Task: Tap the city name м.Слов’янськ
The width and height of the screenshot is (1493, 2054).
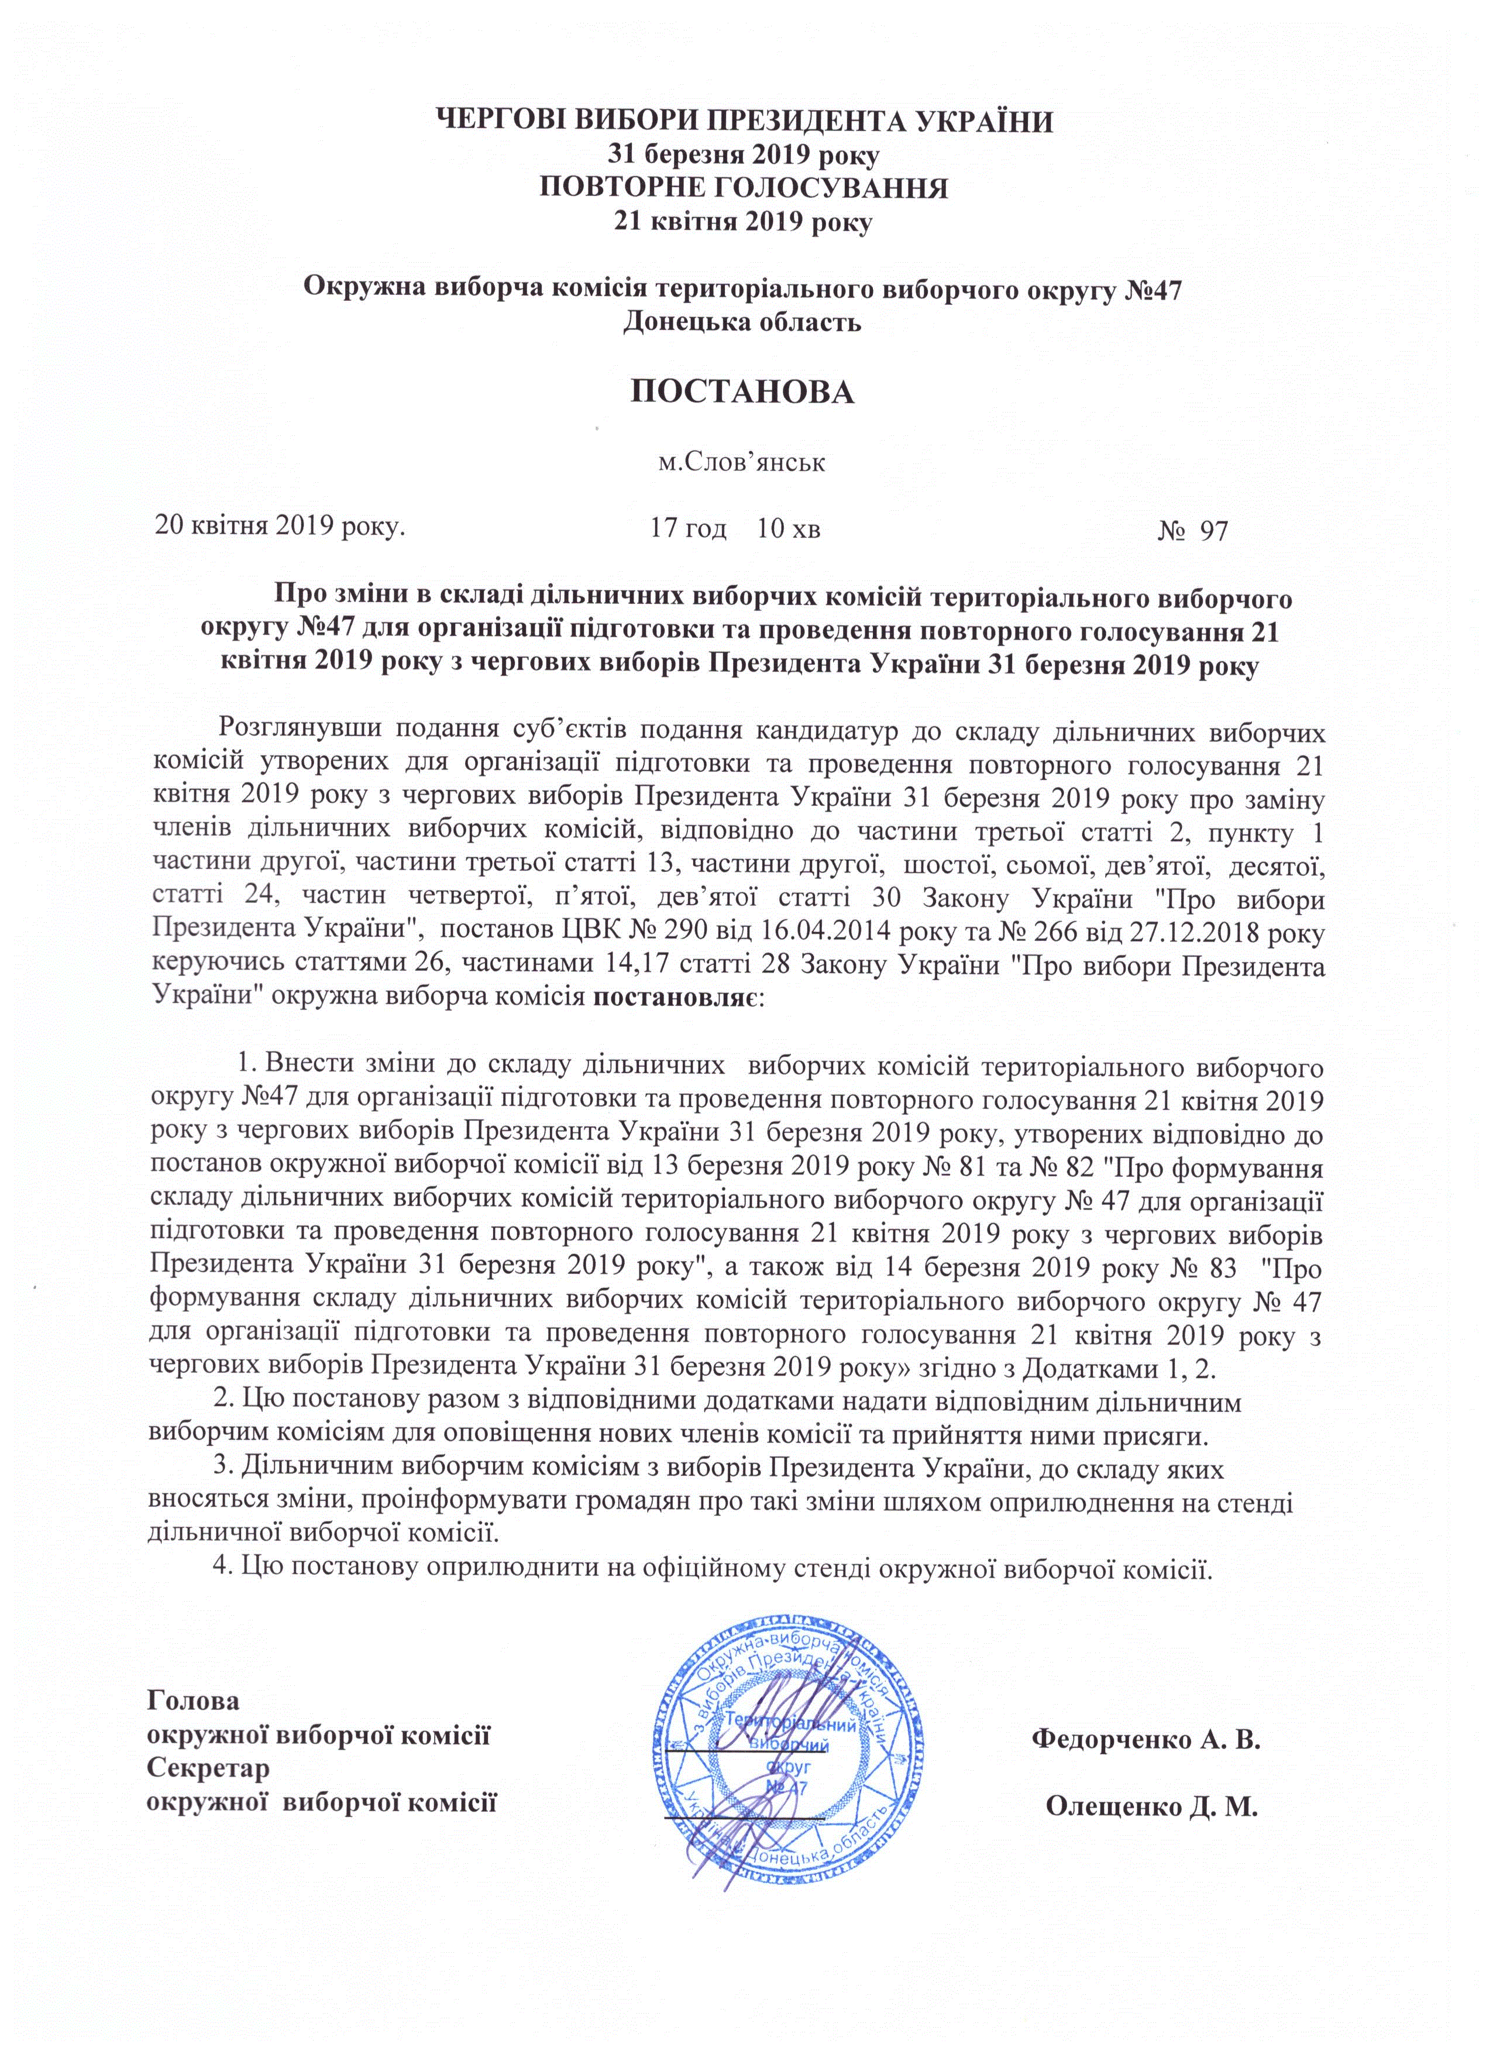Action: click(x=741, y=463)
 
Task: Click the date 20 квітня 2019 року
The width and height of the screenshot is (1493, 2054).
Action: click(x=280, y=525)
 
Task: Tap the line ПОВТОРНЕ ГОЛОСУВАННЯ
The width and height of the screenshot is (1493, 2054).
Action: click(x=744, y=188)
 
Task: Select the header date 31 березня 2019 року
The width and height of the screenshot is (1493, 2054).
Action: click(x=744, y=156)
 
